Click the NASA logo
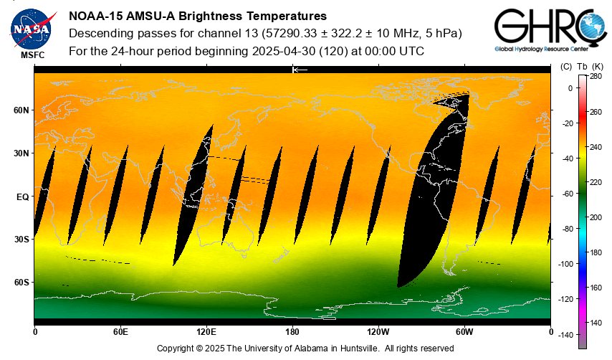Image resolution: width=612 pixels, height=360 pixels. coord(31,28)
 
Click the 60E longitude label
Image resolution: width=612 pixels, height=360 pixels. coord(120,331)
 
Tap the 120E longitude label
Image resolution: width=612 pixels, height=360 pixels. coord(206,331)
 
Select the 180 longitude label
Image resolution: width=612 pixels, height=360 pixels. coord(292,331)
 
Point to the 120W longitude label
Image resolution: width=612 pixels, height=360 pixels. coord(378,331)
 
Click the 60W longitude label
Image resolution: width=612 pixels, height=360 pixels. coord(464,331)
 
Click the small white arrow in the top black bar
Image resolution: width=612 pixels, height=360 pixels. coord(300,70)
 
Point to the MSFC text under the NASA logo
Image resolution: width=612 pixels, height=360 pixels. coord(31,55)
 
